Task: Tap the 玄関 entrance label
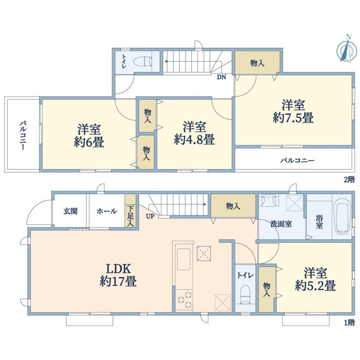pyautogui.click(x=70, y=211)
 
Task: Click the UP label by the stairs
pyautogui.click(x=150, y=217)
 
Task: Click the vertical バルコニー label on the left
pyautogui.click(x=22, y=134)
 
